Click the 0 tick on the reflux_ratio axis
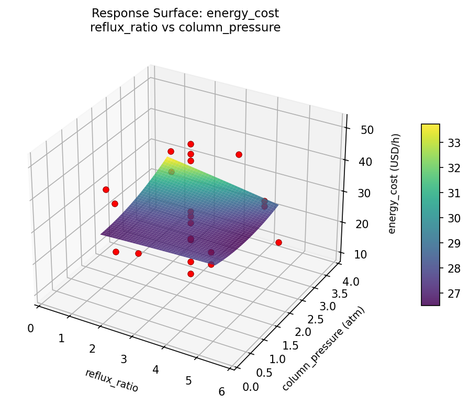[x=31, y=328]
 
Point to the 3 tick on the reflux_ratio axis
[x=124, y=359]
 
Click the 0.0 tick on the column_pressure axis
[x=251, y=386]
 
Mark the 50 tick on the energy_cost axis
[x=366, y=129]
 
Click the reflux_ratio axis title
[x=111, y=380]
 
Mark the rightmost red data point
[x=278, y=242]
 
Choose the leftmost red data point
[x=106, y=189]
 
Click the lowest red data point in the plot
[x=191, y=274]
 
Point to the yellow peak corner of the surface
[x=167, y=156]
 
